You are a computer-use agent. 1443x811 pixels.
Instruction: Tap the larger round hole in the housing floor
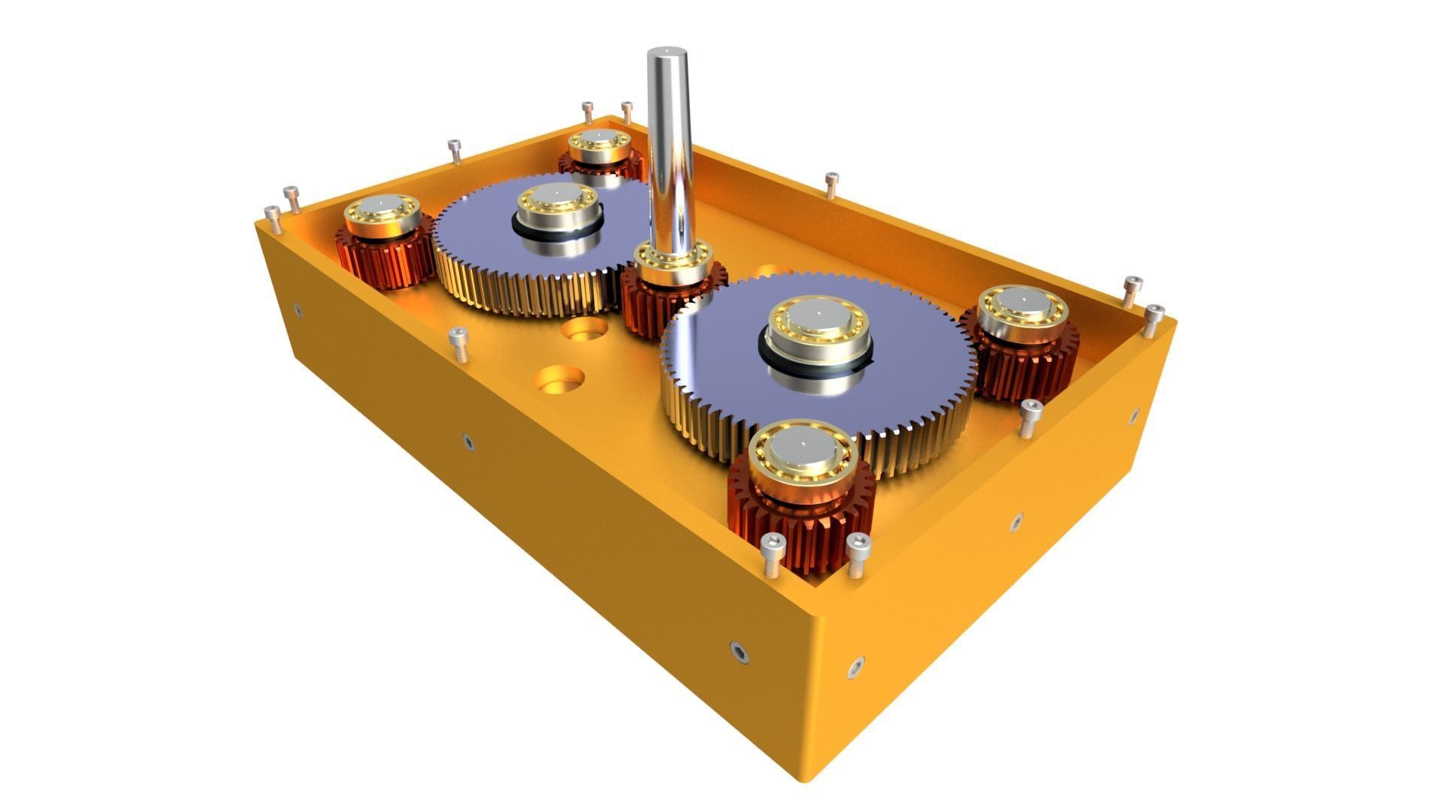pyautogui.click(x=559, y=378)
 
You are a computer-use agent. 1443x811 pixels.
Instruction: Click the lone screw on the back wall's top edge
pyautogui.click(x=830, y=184)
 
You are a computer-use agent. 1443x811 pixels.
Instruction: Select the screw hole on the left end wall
pyautogui.click(x=298, y=309)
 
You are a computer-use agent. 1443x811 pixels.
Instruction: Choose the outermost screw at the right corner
pyautogui.click(x=1154, y=319)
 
